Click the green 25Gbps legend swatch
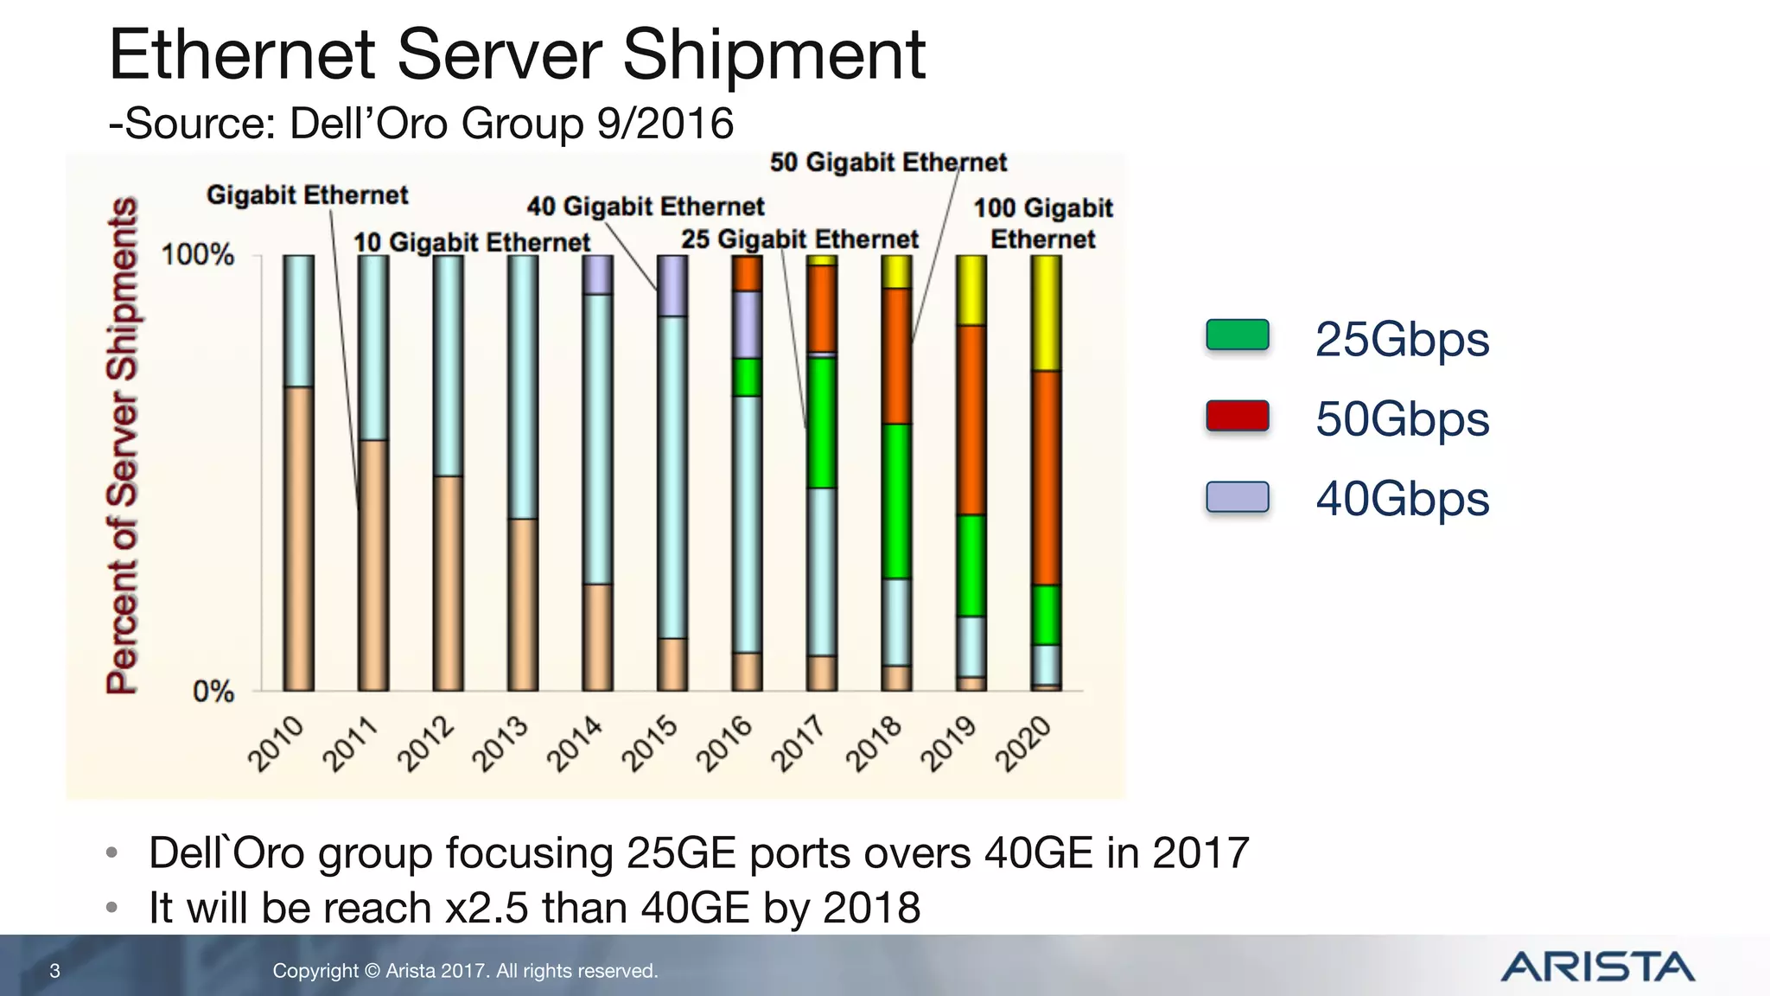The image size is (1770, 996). [1237, 335]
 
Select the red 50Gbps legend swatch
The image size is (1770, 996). [1237, 417]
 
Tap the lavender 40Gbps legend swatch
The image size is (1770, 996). [1237, 497]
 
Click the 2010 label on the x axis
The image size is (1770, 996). [277, 743]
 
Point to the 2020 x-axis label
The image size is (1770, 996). [1023, 743]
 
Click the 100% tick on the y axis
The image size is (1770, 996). [198, 255]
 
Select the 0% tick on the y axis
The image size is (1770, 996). [213, 692]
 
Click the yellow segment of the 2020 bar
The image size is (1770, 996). [1046, 313]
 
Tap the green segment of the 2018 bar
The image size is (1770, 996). [896, 501]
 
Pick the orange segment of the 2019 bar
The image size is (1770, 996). [971, 419]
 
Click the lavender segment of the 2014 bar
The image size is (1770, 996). [597, 275]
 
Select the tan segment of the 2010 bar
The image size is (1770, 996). [299, 538]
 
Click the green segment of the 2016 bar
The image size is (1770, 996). [747, 377]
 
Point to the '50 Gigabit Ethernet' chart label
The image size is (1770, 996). [888, 163]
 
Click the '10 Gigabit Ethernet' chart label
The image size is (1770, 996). [471, 242]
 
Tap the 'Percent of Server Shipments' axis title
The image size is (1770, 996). [122, 445]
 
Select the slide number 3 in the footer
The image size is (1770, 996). [54, 971]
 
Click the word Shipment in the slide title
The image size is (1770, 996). [774, 55]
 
